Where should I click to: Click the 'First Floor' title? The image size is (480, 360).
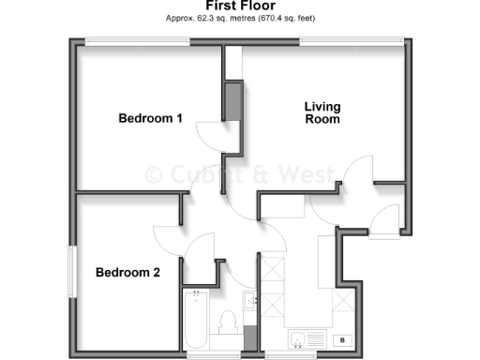pyautogui.click(x=239, y=6)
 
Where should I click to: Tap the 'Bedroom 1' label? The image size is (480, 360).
pyautogui.click(x=150, y=118)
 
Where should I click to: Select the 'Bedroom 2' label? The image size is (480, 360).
pyautogui.click(x=127, y=273)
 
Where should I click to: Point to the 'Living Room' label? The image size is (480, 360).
pyautogui.click(x=322, y=112)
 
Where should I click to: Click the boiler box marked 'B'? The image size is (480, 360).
pyautogui.click(x=342, y=339)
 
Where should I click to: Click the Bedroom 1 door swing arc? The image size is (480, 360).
pyautogui.click(x=212, y=137)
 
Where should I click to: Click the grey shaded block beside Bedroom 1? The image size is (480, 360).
pyautogui.click(x=232, y=102)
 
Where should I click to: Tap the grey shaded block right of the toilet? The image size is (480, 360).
pyautogui.click(x=248, y=335)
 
